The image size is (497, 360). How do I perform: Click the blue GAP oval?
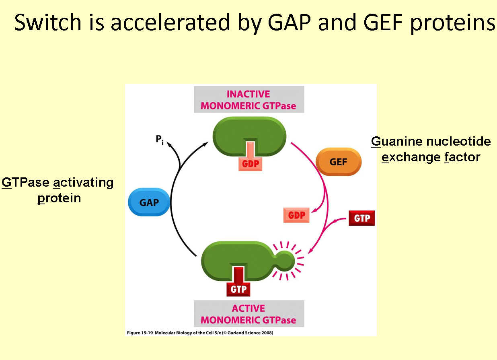tap(149, 202)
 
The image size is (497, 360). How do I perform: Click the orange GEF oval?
tap(339, 162)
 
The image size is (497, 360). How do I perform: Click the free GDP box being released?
tap(296, 216)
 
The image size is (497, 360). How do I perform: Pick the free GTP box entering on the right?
tap(361, 218)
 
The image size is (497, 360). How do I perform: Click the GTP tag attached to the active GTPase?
tap(238, 288)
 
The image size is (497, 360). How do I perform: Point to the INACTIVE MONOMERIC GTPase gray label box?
tap(249, 100)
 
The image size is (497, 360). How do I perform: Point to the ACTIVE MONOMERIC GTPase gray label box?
tap(249, 314)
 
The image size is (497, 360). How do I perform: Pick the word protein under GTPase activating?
tap(59, 198)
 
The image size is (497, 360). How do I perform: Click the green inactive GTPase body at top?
tap(249, 131)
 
